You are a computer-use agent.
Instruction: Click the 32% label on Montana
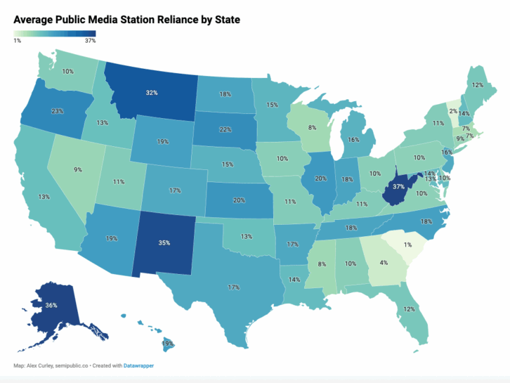152,92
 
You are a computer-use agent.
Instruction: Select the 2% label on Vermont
454,111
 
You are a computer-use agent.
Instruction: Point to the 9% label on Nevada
77,169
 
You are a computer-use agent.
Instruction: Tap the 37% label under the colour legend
90,41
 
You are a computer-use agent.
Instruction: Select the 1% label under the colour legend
17,41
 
